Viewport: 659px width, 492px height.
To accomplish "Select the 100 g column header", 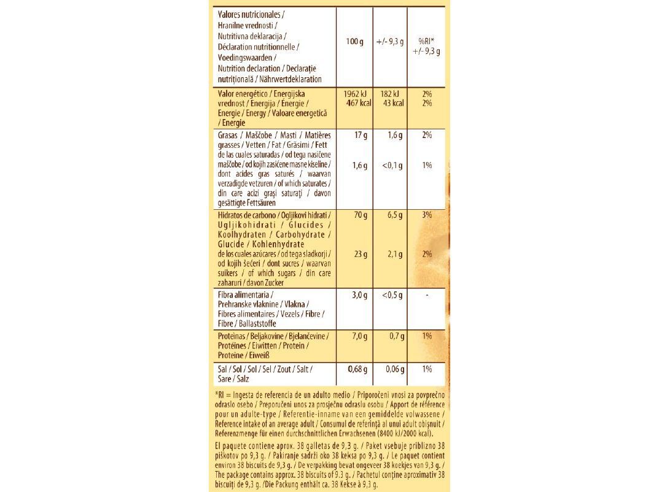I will click(355, 42).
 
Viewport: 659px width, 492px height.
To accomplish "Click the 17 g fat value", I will click(361, 135).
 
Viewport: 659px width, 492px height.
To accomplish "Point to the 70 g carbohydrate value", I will click(361, 215).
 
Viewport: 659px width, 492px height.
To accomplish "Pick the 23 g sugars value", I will click(361, 254).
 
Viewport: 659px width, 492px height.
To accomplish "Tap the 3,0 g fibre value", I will click(359, 295).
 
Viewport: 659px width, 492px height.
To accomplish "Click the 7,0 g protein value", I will click(359, 336).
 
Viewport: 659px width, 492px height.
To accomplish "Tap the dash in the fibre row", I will click(427, 295).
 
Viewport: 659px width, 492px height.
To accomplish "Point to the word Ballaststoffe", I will click(256, 323).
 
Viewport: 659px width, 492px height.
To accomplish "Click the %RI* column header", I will click(427, 41).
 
